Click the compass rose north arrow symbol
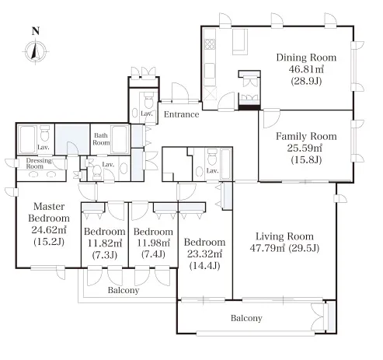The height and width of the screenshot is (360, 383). coord(36,51)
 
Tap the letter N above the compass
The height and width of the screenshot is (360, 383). coord(36,31)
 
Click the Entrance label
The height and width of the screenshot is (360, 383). coord(181,114)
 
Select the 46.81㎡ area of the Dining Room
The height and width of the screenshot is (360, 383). coord(306,69)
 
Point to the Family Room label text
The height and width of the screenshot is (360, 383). coord(306,136)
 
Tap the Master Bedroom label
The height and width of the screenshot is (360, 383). coord(49,212)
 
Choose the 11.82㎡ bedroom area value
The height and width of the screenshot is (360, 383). coord(105,243)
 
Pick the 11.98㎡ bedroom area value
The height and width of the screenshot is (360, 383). coord(153,243)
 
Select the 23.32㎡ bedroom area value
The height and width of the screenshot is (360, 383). coord(204,253)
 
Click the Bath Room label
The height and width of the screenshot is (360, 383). coord(101,139)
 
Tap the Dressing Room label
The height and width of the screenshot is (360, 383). coord(39,163)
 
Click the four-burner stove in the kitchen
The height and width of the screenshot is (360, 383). coord(210,44)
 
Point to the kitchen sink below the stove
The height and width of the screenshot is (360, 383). coord(210,70)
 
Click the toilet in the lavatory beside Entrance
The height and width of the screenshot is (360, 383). coord(149,101)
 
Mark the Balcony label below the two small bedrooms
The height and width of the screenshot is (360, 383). coord(124,290)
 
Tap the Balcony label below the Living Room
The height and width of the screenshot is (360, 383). coord(246,318)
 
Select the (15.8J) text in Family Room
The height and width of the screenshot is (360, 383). coord(306,159)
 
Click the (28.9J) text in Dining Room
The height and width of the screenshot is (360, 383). coord(306,81)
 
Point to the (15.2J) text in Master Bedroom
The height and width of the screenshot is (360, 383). coord(49,242)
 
